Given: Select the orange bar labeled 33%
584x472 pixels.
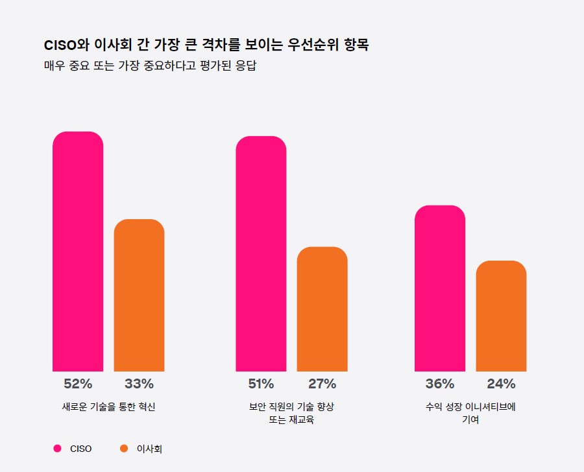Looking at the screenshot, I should click(x=139, y=296).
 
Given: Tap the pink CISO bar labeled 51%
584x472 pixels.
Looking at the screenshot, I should click(x=261, y=254).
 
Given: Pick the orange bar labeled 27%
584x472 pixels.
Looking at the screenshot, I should click(x=322, y=309).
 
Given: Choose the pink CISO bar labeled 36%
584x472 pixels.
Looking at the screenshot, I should click(x=440, y=289).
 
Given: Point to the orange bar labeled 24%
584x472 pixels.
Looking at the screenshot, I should click(x=501, y=316).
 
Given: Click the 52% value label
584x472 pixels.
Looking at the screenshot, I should click(x=78, y=383).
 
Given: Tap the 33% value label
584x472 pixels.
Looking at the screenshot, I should click(x=139, y=383).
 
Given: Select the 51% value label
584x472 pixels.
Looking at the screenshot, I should click(x=261, y=383).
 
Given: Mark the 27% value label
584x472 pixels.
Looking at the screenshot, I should click(x=322, y=383).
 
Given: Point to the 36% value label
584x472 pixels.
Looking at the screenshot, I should click(x=440, y=383).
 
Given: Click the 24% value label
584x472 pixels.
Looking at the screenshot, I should click(x=501, y=383).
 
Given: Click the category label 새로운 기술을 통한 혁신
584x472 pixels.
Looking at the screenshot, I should click(x=108, y=407).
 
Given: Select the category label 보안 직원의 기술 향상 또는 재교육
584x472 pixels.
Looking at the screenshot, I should click(x=291, y=413).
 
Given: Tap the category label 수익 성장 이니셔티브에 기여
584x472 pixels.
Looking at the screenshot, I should click(x=470, y=413).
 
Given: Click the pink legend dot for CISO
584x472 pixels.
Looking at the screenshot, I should click(x=57, y=449).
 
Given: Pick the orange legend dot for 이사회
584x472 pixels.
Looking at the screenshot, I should click(x=124, y=449).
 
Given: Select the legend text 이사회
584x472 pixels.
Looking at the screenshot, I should click(x=149, y=449).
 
